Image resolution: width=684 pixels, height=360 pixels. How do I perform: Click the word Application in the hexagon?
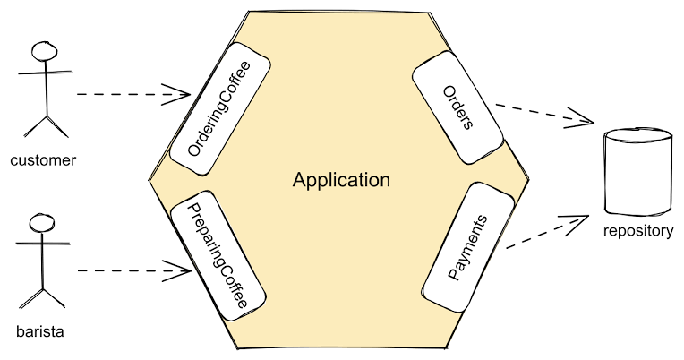341,180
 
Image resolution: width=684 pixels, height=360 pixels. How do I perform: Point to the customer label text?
43,161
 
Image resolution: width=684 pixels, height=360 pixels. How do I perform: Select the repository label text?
637,231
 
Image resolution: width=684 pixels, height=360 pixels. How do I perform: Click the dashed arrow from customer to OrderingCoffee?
125,93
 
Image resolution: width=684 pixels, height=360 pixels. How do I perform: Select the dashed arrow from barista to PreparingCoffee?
125,270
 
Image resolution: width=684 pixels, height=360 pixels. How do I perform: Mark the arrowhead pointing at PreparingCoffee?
179,269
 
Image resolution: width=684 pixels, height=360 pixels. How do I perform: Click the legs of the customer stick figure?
44,124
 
